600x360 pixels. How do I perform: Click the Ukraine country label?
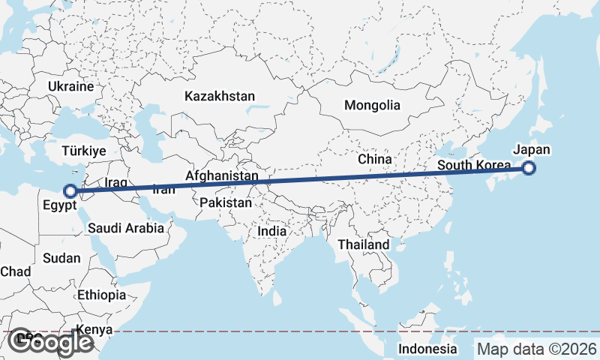[x=70, y=86]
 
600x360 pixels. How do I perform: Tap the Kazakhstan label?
[x=219, y=96]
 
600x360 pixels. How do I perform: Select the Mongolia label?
[x=372, y=106]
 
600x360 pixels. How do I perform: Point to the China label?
[x=374, y=159]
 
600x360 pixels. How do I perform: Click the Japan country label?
[x=532, y=149]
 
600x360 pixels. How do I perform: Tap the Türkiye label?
[x=84, y=151]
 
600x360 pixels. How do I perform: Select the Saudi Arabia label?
[x=126, y=228]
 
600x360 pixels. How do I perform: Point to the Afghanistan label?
[x=221, y=175]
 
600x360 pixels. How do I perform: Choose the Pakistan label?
[x=226, y=202]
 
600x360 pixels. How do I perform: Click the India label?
[x=271, y=232]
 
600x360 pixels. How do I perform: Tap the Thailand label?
[x=363, y=244]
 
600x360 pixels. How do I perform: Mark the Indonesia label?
[x=427, y=349]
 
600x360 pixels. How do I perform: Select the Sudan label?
[x=61, y=258]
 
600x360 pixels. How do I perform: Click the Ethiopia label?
[x=101, y=295]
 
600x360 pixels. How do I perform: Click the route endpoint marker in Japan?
[x=529, y=168]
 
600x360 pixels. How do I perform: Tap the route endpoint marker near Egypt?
[x=70, y=191]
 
